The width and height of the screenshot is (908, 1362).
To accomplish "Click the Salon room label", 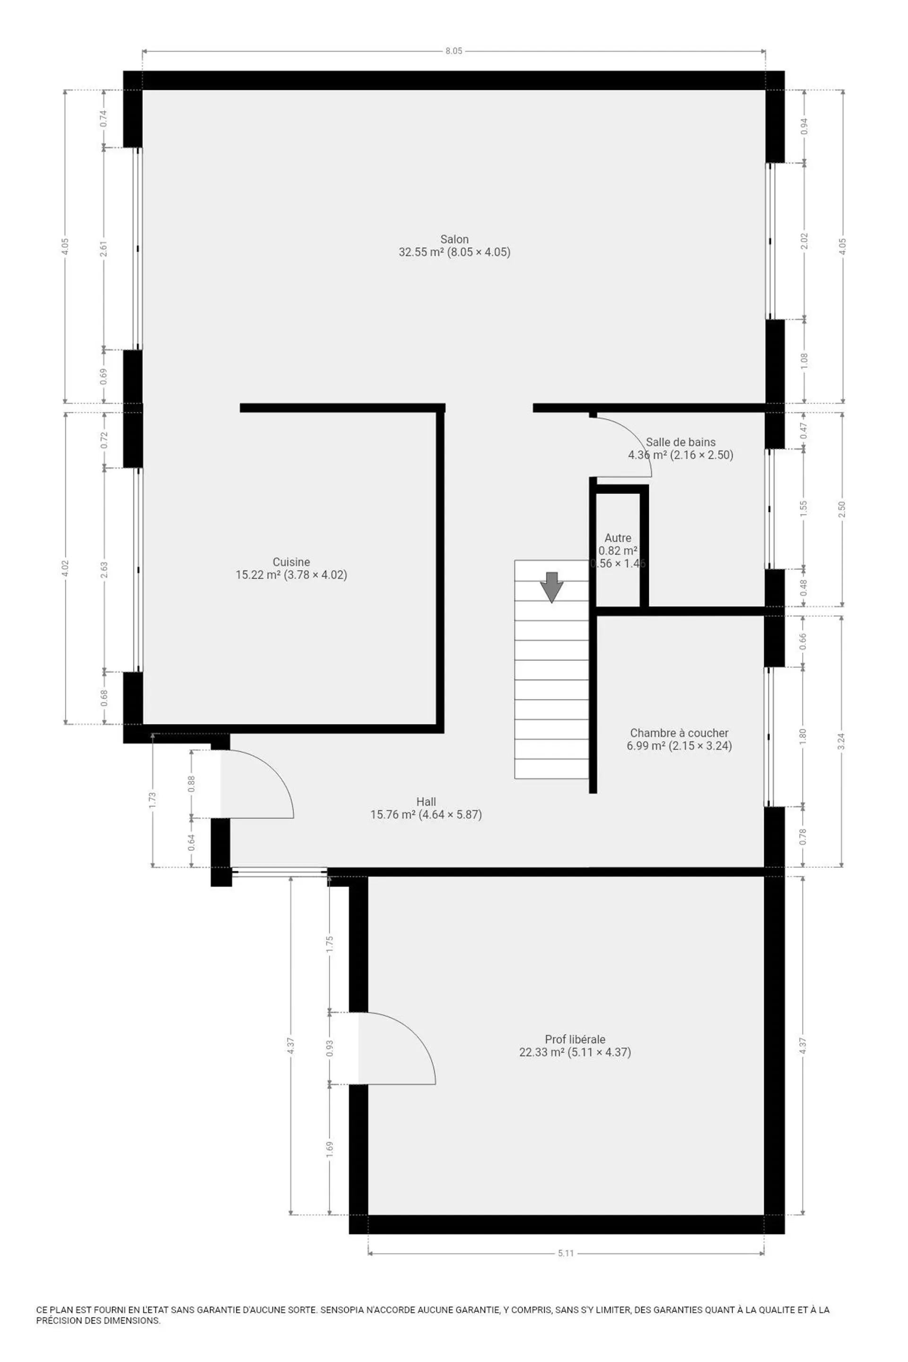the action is pos(454,239).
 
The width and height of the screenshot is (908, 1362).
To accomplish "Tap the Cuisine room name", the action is pos(291,562).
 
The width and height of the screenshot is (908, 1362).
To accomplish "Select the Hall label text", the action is pos(426,802).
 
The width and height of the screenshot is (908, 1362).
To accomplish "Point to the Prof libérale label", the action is pos(575,1039).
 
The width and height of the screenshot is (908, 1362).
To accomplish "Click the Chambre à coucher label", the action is pos(679,733).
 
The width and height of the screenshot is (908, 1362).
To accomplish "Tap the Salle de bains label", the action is pos(681,443).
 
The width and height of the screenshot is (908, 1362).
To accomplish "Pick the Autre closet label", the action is pos(618,538).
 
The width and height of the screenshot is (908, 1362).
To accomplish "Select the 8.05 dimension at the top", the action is pos(454,51).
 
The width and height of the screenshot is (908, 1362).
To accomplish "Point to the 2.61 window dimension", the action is pos(104,248).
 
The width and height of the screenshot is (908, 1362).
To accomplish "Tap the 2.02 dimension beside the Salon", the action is pos(804,241).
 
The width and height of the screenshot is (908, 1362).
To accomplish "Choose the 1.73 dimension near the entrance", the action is pos(152,800).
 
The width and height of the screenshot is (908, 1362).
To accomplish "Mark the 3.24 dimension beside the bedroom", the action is pos(841,741).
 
